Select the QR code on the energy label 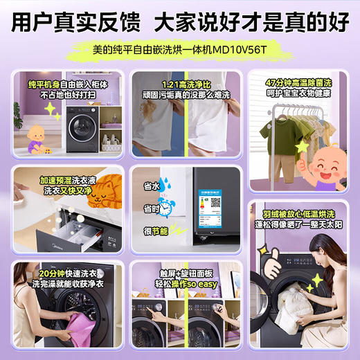tap(215, 204)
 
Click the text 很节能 tap(156, 231)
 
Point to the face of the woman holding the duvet tap(318, 262)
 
